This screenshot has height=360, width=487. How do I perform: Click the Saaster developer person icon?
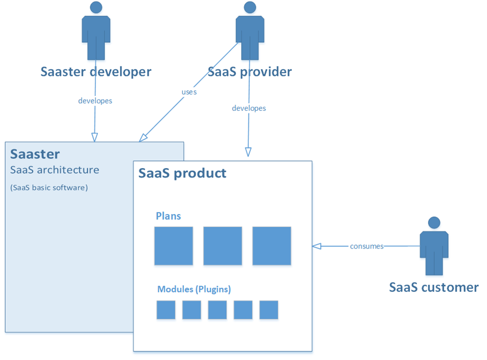[95, 34]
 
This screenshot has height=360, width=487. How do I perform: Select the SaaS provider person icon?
[249, 34]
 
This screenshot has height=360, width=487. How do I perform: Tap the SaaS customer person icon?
[434, 248]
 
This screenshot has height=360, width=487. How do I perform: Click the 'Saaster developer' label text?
[96, 72]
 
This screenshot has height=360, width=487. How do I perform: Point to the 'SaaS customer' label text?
[433, 287]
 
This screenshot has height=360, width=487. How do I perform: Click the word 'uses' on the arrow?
[189, 92]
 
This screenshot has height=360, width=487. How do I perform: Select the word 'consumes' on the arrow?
[367, 246]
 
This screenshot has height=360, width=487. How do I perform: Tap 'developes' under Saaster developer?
[95, 101]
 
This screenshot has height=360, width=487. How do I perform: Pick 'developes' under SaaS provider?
[249, 108]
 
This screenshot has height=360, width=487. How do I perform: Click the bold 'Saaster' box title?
[35, 154]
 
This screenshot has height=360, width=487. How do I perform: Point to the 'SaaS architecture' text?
[55, 170]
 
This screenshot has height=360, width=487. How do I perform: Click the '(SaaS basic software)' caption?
[49, 188]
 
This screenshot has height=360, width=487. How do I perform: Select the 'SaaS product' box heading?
[182, 173]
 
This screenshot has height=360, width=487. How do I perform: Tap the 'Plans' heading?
[169, 216]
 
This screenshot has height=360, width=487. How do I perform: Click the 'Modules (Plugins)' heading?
[194, 289]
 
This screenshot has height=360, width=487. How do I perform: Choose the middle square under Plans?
[223, 246]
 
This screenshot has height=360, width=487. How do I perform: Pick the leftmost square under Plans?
[174, 246]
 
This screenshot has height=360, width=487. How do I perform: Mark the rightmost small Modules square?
[269, 310]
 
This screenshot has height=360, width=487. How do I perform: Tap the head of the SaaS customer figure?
[434, 222]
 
